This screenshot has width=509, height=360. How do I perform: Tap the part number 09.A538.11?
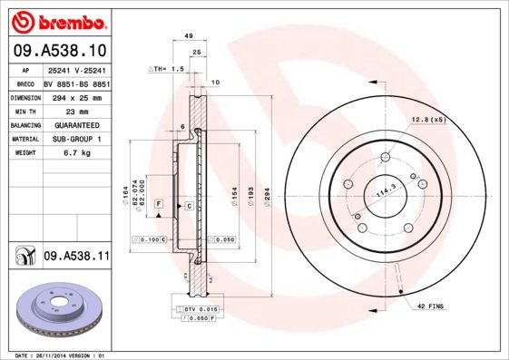[x=75, y=257]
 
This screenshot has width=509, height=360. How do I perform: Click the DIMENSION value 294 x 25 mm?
[x=74, y=96]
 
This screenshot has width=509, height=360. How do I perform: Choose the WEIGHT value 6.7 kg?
[x=64, y=153]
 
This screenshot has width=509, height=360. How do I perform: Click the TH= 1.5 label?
[x=166, y=69]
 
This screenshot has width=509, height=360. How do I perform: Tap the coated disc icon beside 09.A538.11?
[x=23, y=258]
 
